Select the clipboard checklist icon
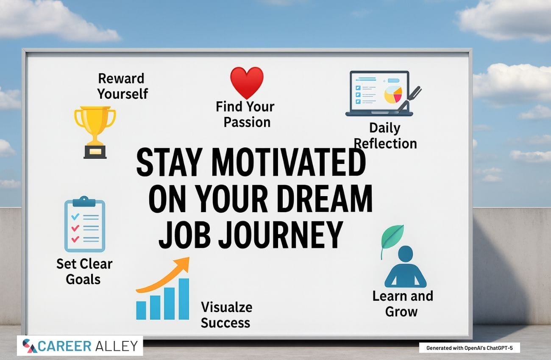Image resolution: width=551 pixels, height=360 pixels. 85,224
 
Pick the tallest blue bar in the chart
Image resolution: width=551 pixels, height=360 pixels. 184,299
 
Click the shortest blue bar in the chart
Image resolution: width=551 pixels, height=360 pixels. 141,310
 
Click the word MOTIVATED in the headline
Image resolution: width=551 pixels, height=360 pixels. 288,163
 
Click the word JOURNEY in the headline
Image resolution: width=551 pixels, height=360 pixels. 281,235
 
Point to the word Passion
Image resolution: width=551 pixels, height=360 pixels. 247,122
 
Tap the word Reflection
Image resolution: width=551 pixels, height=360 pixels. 385,144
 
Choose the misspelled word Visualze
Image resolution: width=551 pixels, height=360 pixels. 227,307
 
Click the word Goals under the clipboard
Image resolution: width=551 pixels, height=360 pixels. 83,280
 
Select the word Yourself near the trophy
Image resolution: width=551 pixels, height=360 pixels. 122,94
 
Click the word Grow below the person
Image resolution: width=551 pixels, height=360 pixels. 401,312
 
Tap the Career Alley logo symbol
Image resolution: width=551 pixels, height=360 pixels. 30,346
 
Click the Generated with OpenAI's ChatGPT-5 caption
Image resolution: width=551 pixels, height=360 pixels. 470,348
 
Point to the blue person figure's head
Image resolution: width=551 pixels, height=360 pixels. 405,254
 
